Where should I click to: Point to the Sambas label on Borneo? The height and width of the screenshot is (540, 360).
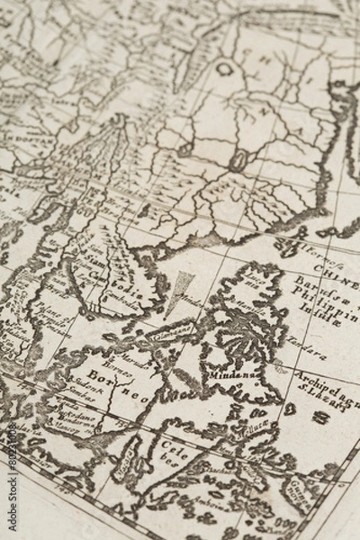[x=85, y=394]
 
